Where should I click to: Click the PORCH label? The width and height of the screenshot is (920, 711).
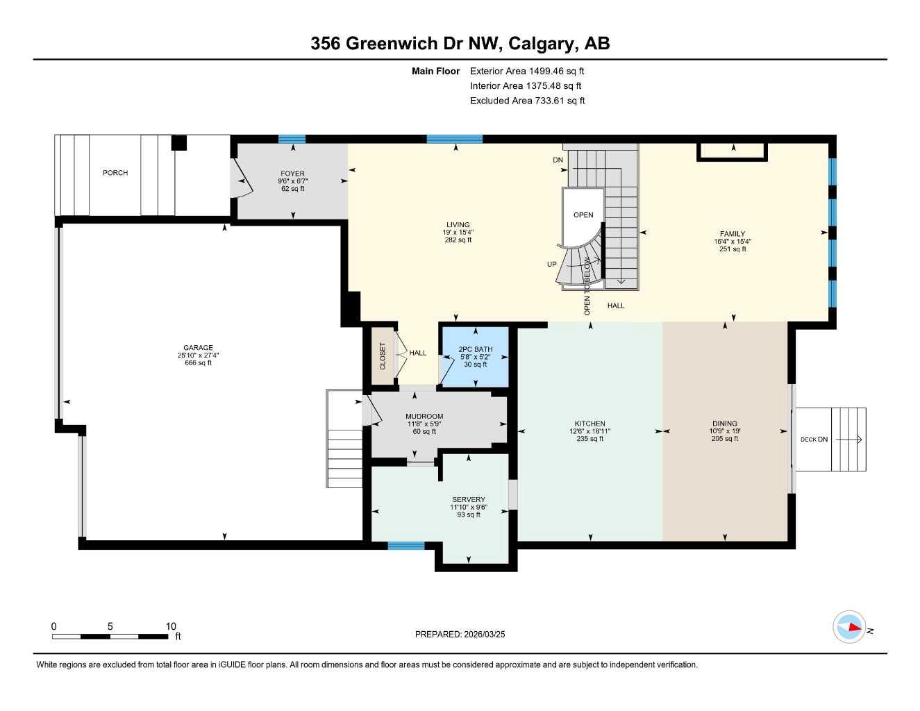pos(115,173)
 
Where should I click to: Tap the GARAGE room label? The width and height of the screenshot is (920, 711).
pos(198,348)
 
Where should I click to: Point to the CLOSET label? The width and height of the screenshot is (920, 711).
pos(383,355)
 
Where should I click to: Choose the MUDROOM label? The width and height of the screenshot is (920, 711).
pos(424,417)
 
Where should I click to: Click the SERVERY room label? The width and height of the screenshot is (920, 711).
pos(469,500)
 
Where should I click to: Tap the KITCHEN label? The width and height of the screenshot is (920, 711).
pos(589,424)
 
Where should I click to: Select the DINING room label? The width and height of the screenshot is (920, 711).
pos(725,424)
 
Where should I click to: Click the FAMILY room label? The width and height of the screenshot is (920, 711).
pos(733,234)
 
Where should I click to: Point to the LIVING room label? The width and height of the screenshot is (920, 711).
pos(458,225)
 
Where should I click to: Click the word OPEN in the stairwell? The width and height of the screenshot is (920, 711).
pos(583,215)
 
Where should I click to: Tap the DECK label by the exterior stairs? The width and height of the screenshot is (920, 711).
pos(808,440)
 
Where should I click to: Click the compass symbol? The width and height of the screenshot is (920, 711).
pos(849,628)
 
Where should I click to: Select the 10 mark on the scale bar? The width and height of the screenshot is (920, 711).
pos(171,626)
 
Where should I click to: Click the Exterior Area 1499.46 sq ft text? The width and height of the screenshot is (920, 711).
pos(527,71)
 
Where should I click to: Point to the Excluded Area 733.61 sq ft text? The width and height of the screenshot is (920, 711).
pos(527,101)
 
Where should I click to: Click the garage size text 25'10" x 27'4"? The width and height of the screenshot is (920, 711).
pos(198,355)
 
